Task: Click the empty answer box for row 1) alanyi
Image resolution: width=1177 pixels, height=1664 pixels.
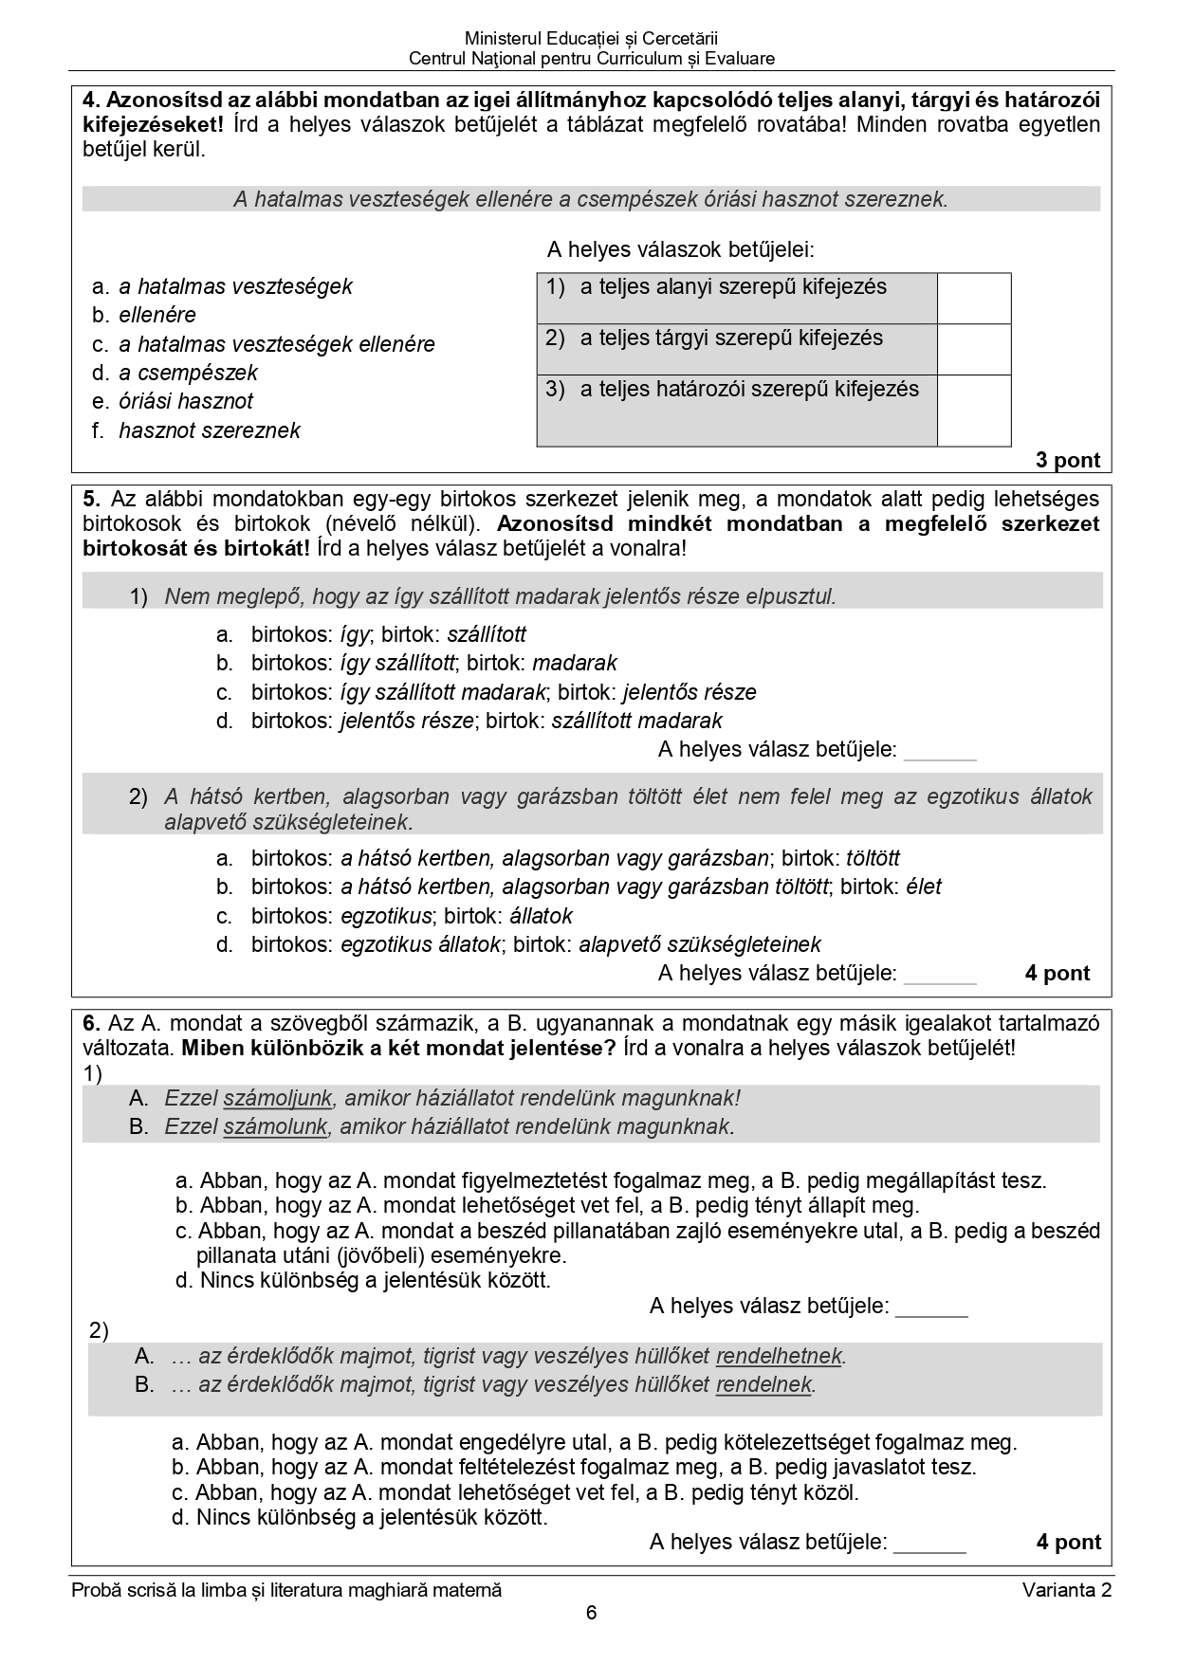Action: (974, 298)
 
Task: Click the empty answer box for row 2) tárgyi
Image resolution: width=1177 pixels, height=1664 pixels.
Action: (974, 349)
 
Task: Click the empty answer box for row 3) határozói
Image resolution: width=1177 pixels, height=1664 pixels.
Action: (974, 410)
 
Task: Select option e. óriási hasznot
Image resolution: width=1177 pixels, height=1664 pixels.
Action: (174, 401)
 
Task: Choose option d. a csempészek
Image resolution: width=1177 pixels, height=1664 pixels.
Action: (175, 373)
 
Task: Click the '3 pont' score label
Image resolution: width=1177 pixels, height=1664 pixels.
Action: (1068, 461)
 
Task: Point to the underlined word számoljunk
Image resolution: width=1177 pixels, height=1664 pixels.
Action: (278, 1098)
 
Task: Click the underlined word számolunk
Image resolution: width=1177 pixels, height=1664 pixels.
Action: (275, 1126)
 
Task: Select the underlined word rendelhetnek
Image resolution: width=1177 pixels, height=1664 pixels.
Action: (779, 1357)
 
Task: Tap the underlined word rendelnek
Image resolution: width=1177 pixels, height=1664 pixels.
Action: (764, 1385)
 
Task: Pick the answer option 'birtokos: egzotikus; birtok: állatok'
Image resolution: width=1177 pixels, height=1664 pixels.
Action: (395, 916)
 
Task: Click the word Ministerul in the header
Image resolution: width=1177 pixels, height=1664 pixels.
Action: (500, 39)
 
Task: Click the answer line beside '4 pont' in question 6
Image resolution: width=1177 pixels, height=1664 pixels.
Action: (929, 1543)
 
